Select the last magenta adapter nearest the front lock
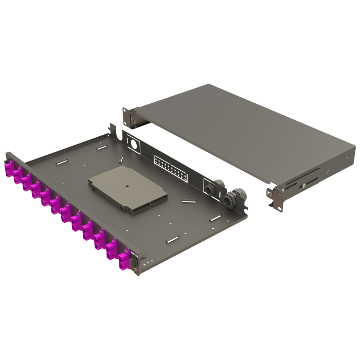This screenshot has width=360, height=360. [124, 260]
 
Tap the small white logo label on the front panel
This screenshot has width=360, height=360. [133, 255]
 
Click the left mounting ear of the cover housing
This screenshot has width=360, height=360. [131, 117]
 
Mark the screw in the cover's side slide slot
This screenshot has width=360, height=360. [304, 181]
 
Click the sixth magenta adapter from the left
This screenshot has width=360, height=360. [55, 203]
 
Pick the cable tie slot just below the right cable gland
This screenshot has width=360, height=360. [215, 220]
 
